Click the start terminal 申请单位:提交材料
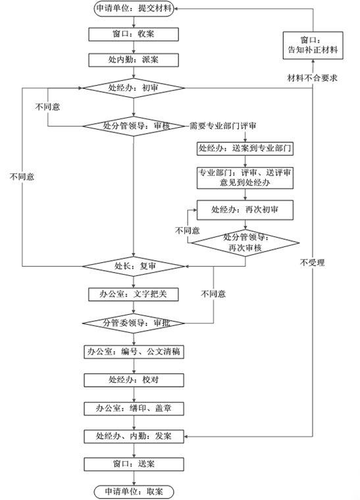point(133,9)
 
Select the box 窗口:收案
point(133,34)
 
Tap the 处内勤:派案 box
point(133,60)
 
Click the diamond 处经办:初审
point(133,88)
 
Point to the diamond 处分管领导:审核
point(133,126)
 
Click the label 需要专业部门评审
point(222,126)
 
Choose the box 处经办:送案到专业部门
point(244,148)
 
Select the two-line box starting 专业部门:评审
point(244,177)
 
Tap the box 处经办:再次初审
point(244,210)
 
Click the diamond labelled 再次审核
point(245,242)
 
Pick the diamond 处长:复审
point(133,266)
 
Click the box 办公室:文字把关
point(133,294)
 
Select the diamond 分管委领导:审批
point(133,323)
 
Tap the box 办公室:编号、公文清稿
point(133,352)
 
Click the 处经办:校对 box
point(133,380)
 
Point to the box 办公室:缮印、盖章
point(133,408)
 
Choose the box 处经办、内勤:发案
point(133,436)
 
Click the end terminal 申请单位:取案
point(133,491)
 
